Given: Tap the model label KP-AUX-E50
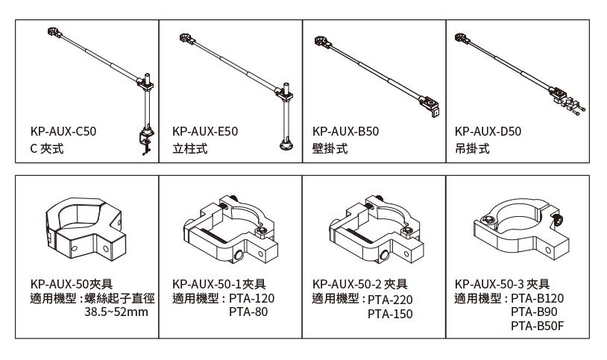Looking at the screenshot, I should tap(204, 131).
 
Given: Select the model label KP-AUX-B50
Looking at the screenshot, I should tap(346, 131).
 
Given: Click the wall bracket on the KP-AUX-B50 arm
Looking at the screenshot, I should tap(430, 105).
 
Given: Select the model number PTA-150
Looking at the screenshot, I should tap(389, 314).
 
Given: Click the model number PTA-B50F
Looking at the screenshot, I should tap(534, 326).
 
